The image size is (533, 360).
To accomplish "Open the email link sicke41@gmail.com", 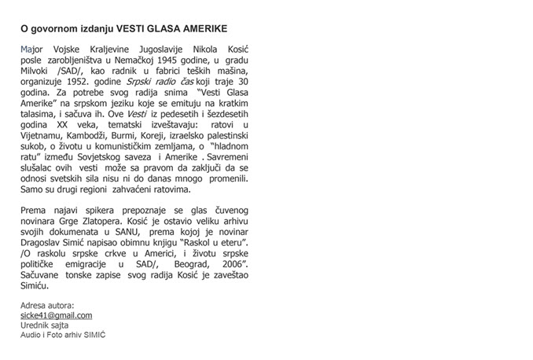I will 57,315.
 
